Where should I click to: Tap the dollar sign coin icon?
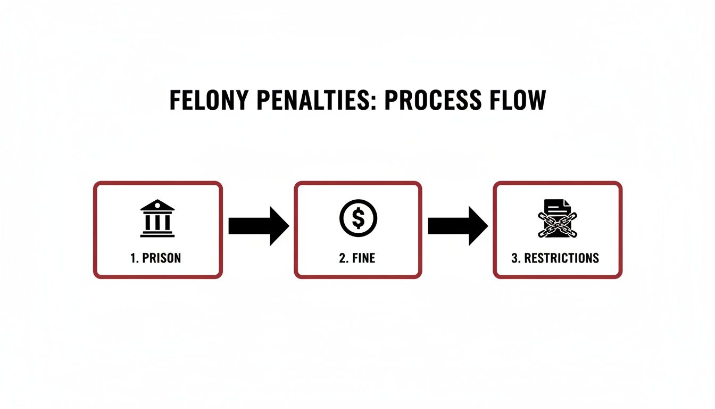coord(358,218)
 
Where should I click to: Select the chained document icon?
coord(558,218)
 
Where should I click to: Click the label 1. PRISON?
coord(155,258)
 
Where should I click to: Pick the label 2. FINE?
coord(357,258)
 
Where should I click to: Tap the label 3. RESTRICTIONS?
coord(555,258)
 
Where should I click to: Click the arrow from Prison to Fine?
coord(259,226)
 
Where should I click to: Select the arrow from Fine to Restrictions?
coord(458,226)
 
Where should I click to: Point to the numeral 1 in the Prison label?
coord(132,258)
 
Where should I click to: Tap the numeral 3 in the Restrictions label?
coord(514,258)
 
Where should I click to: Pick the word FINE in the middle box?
coord(364,258)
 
